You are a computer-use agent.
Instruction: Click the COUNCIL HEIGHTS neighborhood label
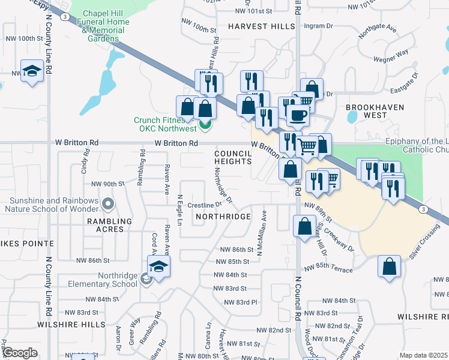[232, 157]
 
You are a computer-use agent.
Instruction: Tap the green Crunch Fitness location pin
[205, 125]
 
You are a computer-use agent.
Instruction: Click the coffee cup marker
[297, 115]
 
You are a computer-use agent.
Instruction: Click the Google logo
[20, 353]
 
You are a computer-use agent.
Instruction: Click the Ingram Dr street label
[318, 26]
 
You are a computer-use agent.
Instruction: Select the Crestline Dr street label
[205, 205]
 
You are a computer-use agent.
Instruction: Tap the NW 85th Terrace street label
[328, 269]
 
